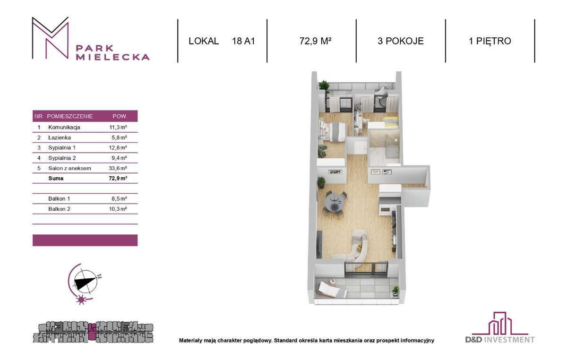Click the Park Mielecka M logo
51,38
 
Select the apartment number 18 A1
243,41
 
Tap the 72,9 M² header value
316,41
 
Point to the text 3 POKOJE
401,41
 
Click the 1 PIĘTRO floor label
490,41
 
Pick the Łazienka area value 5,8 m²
119,137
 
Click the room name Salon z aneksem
69,168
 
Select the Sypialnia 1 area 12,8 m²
118,147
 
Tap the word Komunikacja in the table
64,127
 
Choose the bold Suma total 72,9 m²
118,178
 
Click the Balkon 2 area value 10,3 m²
118,209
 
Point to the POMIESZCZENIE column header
70,116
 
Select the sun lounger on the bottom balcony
332,289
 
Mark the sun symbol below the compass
81,300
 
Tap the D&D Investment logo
500,327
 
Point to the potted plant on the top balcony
324,86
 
